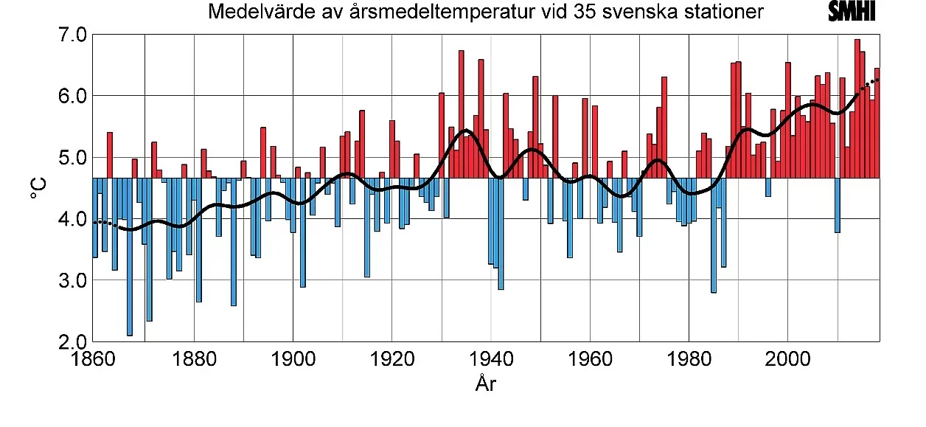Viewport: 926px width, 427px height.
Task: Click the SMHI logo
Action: point(852,12)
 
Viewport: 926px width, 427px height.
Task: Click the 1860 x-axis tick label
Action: point(94,360)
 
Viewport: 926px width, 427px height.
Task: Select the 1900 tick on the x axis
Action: point(293,360)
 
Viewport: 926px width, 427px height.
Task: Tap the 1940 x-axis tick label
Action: point(491,360)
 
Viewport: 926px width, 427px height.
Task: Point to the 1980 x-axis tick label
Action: point(689,360)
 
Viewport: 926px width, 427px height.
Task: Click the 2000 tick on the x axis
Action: point(788,360)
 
